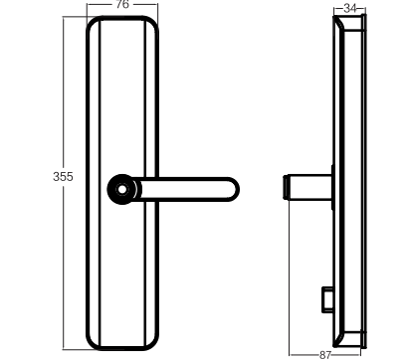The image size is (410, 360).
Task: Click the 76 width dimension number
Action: click(122, 4)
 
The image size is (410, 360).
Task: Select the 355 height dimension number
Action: click(63, 177)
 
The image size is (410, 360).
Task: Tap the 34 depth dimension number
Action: click(349, 8)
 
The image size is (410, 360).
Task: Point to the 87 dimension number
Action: click(325, 355)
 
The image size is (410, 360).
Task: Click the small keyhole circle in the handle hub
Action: click(122, 189)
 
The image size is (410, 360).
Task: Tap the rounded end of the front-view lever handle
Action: click(233, 189)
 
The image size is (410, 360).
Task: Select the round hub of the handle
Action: click(122, 189)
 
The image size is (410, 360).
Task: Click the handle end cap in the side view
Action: click(286, 187)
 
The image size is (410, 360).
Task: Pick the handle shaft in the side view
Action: click(309, 187)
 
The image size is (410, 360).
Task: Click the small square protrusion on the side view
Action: click(327, 299)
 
